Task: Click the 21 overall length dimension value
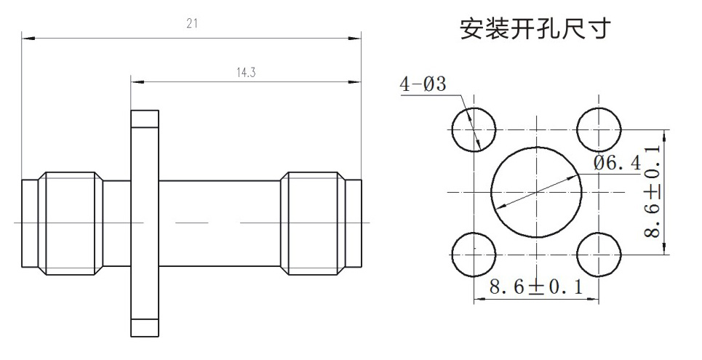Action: (x=192, y=23)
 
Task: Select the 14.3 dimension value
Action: (x=246, y=73)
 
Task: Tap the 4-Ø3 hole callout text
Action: (x=423, y=84)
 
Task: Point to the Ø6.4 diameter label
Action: (x=618, y=163)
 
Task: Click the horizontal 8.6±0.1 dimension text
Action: (x=536, y=287)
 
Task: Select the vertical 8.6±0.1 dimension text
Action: (x=653, y=191)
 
